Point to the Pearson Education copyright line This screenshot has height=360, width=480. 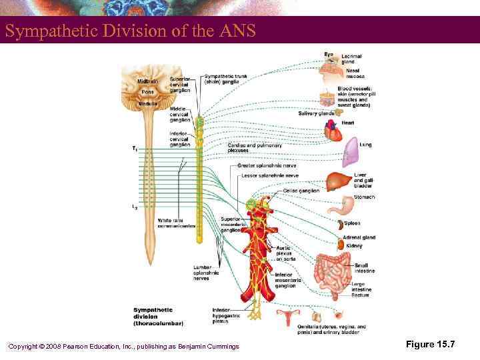[x=123, y=345]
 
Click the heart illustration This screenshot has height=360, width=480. [x=333, y=135]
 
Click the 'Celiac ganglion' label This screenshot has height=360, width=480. [x=301, y=190]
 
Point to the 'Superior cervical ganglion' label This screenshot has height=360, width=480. [x=180, y=85]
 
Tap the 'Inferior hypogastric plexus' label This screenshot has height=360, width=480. [x=221, y=314]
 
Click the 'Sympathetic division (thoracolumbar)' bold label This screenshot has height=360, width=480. [x=158, y=316]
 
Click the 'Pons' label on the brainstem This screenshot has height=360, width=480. [x=147, y=92]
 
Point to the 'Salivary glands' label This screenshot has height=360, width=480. [x=316, y=113]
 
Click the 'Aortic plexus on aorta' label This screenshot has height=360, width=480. [x=284, y=253]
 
